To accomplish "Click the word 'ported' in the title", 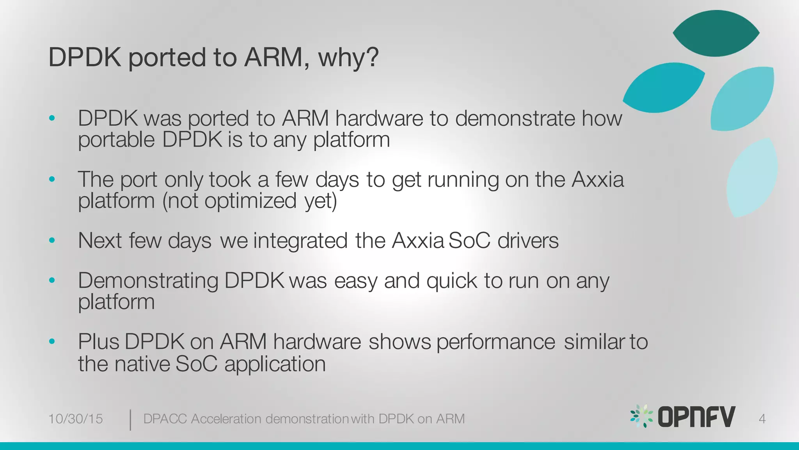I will (x=167, y=58).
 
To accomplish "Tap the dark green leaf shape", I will (x=716, y=34).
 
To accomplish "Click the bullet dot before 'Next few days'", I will (x=52, y=240).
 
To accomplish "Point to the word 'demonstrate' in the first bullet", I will (x=515, y=118).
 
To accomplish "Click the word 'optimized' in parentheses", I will (x=250, y=201).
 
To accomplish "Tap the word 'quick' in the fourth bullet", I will (x=451, y=281).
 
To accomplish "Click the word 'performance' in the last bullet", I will (x=495, y=342).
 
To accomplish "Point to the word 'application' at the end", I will (x=275, y=364).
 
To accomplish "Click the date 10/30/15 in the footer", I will (x=75, y=419).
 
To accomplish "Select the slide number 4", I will (x=762, y=419).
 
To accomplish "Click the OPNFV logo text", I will (x=696, y=417).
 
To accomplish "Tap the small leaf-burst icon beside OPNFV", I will (x=641, y=416).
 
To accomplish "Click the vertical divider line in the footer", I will (x=130, y=420).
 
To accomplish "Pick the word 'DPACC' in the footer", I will (x=165, y=419).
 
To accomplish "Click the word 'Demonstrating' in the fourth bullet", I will (x=148, y=281).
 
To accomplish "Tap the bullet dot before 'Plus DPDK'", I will (x=52, y=341).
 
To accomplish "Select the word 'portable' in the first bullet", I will (x=116, y=140).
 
